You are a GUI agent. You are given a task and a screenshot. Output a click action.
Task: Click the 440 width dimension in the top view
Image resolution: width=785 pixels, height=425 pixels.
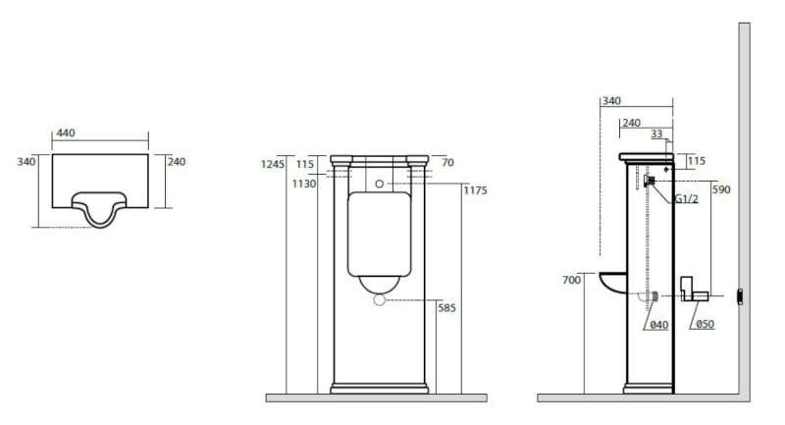click(x=65, y=133)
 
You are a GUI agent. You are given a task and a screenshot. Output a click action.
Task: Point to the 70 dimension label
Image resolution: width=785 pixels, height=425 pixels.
click(x=447, y=164)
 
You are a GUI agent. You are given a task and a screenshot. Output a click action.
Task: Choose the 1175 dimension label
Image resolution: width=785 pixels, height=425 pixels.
click(x=474, y=190)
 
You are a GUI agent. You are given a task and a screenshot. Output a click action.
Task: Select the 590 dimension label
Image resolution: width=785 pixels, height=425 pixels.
click(x=720, y=190)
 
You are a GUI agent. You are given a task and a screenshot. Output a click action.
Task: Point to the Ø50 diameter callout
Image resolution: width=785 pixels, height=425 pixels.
click(x=702, y=325)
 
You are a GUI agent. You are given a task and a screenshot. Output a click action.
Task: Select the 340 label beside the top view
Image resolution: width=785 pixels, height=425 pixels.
click(x=27, y=161)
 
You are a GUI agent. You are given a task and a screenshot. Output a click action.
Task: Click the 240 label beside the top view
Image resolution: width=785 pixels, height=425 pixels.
click(x=178, y=161)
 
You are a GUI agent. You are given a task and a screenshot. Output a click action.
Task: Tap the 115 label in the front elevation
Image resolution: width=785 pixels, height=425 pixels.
click(x=304, y=164)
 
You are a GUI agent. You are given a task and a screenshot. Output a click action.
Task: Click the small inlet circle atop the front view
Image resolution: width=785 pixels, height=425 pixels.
click(x=379, y=184)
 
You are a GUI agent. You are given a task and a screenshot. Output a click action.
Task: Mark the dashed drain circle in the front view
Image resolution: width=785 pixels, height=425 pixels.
click(x=379, y=302)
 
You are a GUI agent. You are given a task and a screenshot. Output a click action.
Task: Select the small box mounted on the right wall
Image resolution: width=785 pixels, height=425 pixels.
click(x=741, y=294)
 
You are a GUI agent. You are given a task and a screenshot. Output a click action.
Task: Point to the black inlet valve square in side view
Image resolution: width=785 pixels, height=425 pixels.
click(x=649, y=181)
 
